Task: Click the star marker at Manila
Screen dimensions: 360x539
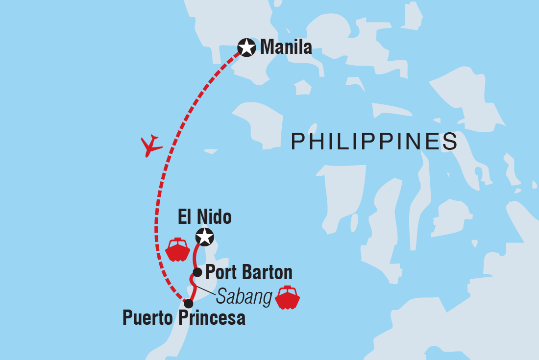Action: pos(246,48)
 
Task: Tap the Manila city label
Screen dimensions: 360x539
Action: pos(286,48)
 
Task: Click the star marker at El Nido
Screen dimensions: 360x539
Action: pos(205,238)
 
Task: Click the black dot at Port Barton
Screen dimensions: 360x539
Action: pos(197,272)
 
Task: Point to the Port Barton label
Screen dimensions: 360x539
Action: pos(248,272)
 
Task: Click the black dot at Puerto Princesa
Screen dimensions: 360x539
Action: pos(188,304)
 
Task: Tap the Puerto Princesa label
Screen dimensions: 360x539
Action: pos(184,319)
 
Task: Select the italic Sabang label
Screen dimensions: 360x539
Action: pos(244,297)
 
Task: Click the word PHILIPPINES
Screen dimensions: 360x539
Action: pos(374,142)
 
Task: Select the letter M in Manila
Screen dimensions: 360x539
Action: pos(268,48)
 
